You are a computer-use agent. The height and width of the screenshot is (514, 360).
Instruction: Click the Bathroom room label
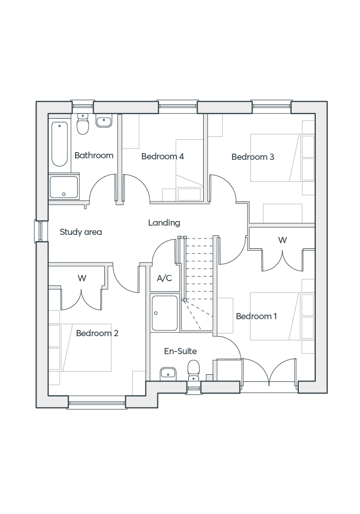click(94, 155)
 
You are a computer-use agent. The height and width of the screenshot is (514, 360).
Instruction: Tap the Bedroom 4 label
click(163, 156)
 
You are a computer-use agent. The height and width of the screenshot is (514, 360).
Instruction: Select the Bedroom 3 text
click(253, 157)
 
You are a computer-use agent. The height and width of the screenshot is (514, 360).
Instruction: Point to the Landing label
click(164, 223)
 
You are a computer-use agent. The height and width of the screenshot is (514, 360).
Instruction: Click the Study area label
click(81, 232)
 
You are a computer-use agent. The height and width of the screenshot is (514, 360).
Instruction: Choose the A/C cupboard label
click(164, 279)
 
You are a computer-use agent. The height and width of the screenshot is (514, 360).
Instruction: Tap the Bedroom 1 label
click(256, 316)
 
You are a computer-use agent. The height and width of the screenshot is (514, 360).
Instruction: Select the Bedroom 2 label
click(97, 333)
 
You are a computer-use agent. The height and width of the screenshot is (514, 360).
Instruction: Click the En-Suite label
click(180, 351)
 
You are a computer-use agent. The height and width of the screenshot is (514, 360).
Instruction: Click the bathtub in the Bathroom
click(60, 143)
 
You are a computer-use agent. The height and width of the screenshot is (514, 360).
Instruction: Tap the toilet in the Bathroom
click(83, 123)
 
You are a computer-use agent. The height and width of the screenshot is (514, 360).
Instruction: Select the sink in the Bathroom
click(104, 122)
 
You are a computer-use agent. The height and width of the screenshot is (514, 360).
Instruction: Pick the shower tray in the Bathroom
click(64, 187)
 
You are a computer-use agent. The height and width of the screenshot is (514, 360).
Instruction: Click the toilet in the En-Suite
click(193, 370)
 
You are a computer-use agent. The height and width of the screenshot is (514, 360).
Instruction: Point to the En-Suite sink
click(168, 373)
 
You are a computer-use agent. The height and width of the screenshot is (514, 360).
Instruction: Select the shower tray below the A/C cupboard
click(165, 313)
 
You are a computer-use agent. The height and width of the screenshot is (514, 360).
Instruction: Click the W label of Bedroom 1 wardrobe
click(282, 240)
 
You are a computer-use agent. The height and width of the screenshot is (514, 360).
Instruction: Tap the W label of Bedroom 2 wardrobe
click(82, 278)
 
